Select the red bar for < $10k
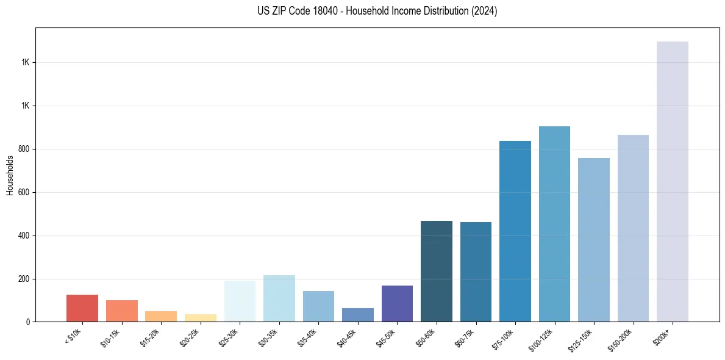coord(82,308)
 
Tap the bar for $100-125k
coord(554,224)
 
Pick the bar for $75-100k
coord(515,231)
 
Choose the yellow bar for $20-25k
coord(201,318)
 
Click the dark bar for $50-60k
coord(437,271)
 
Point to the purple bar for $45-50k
coord(397,303)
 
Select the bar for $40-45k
coord(358,315)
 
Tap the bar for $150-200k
coord(633,228)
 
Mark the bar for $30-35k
coord(279,298)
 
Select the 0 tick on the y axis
coord(29,322)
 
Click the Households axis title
coord(10,175)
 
